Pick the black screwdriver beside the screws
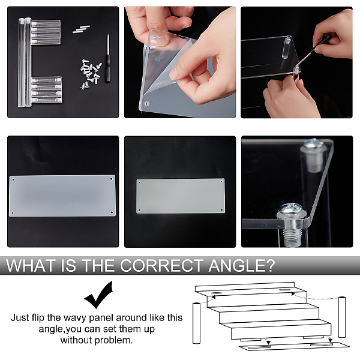click(x=107, y=58)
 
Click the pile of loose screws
click(x=91, y=74)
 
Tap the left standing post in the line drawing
click(x=196, y=323)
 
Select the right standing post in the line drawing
click(x=342, y=317)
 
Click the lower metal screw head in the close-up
click(x=292, y=210)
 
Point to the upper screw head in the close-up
click(x=313, y=143)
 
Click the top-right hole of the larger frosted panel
click(x=112, y=179)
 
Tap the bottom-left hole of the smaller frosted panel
click(x=140, y=210)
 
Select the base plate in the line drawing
click(x=295, y=346)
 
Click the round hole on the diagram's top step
click(x=216, y=293)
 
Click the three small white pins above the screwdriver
click(x=81, y=29)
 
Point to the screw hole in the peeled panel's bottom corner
click(x=148, y=104)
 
